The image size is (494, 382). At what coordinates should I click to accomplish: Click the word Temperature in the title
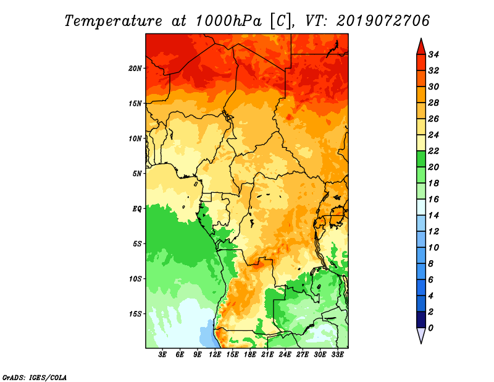(114, 21)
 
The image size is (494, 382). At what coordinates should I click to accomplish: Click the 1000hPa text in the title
(228, 21)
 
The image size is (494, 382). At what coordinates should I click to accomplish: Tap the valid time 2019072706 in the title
(383, 21)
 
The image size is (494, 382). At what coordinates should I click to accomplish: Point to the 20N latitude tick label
(135, 69)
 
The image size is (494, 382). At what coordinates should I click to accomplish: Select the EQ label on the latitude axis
(136, 209)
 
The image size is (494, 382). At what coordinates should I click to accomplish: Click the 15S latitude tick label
(135, 314)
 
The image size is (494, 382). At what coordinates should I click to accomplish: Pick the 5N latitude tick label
(137, 174)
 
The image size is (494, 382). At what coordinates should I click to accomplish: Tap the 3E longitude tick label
(162, 355)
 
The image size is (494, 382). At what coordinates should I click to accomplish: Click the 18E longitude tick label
(250, 355)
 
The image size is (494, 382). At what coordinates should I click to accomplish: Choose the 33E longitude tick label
(337, 355)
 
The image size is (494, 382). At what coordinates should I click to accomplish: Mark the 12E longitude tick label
(215, 355)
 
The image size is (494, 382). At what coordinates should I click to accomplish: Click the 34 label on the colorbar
(433, 54)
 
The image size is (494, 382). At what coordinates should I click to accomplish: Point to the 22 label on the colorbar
(433, 151)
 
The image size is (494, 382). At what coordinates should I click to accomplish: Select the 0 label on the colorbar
(430, 328)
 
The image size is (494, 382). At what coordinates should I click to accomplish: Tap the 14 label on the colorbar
(433, 216)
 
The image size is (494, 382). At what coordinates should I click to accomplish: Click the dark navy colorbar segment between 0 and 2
(421, 320)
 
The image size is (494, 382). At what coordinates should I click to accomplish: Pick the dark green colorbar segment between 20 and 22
(421, 159)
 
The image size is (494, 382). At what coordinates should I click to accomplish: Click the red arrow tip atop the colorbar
(421, 39)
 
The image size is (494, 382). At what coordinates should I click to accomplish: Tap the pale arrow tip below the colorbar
(421, 343)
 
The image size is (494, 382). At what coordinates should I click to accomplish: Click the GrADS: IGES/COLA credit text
(35, 378)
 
